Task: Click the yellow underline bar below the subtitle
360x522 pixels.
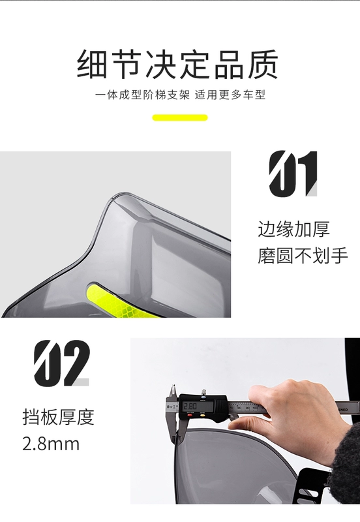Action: click(180, 117)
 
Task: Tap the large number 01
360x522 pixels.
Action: click(293, 174)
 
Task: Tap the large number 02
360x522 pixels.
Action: click(62, 363)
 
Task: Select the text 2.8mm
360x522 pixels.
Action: click(51, 444)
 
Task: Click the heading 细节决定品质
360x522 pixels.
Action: click(177, 64)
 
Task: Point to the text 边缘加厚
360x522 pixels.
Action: click(293, 229)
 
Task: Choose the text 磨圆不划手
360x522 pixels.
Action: click(303, 256)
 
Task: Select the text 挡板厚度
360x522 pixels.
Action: click(59, 417)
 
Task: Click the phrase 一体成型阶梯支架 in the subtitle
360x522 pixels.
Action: click(142, 95)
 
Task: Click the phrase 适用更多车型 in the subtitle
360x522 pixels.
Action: click(230, 95)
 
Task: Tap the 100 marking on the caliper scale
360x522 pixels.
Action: click(255, 407)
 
